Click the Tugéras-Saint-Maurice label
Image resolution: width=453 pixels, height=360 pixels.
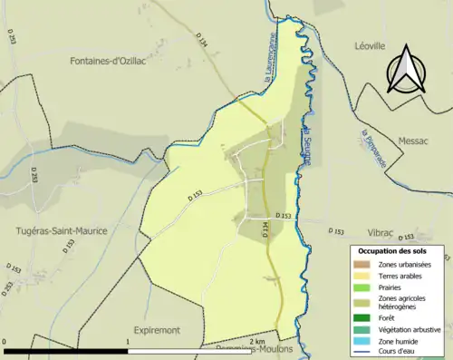(x=63, y=231)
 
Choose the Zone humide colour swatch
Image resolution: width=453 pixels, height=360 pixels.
(x=364, y=340)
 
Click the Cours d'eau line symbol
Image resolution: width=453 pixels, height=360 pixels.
(x=364, y=351)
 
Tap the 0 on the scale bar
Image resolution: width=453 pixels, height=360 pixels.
(x=5, y=341)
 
